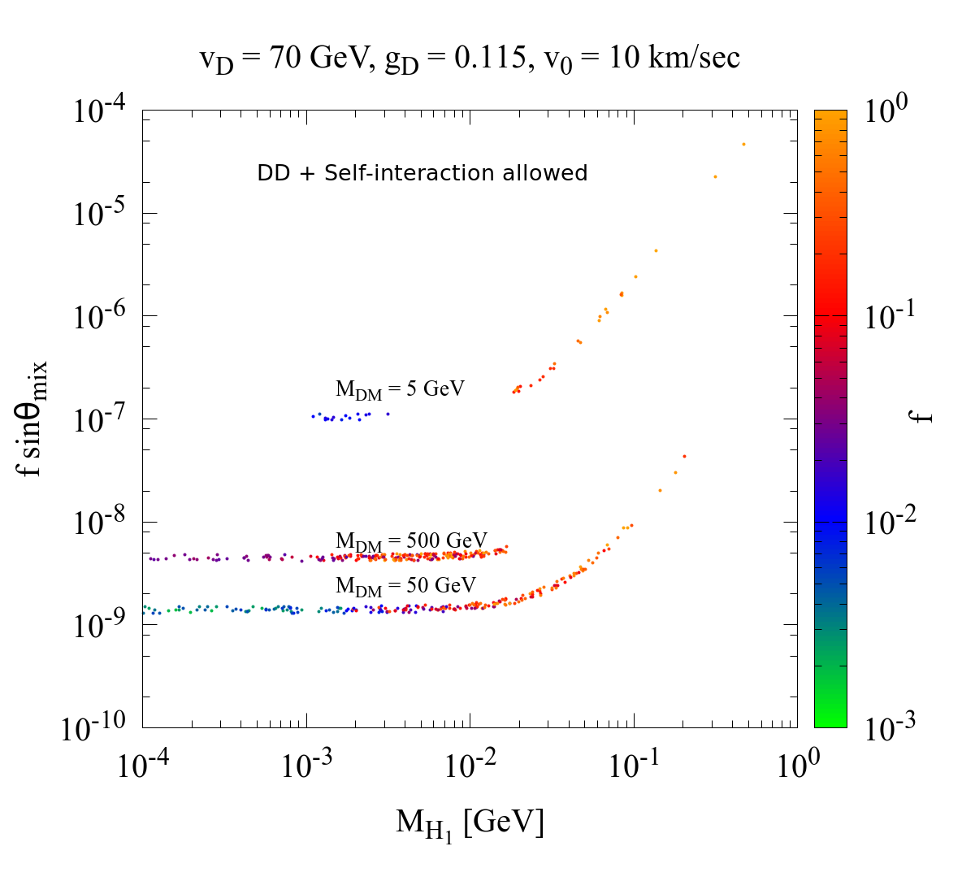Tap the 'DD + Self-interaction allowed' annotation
422,173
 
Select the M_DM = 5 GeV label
400,390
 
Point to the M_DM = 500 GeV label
411,541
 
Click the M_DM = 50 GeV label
405,586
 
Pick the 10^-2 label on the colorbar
890,521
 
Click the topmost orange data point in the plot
743,145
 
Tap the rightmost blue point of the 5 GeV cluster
388,414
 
